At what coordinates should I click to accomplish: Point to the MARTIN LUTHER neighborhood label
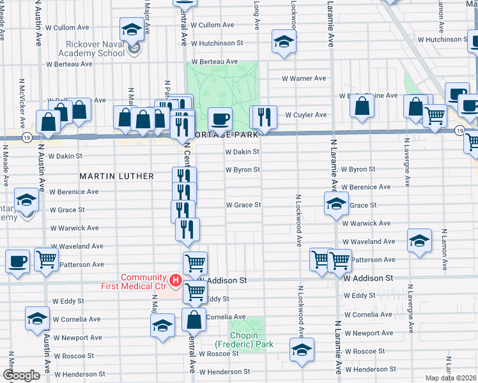click(x=116, y=176)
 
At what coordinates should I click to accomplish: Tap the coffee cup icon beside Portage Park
click(x=220, y=119)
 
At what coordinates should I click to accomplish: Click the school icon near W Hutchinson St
click(x=282, y=41)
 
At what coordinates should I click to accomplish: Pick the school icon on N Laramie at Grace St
click(x=336, y=204)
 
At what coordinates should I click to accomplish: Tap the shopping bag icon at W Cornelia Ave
click(x=194, y=320)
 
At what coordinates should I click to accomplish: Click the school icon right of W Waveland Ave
click(x=419, y=241)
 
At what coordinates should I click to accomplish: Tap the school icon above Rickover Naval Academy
click(x=132, y=29)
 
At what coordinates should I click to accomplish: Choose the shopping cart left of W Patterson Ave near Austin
click(x=46, y=260)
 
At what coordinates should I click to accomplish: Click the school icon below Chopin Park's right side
click(x=301, y=350)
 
